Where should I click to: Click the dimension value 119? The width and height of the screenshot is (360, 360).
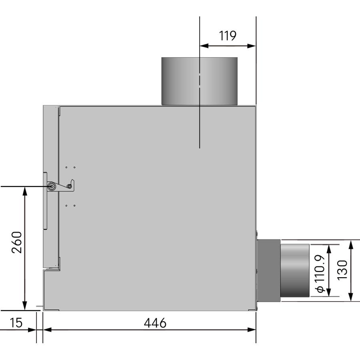click(228, 36)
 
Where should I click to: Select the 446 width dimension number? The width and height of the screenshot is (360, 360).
click(155, 323)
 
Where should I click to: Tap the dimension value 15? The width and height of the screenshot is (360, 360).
click(16, 323)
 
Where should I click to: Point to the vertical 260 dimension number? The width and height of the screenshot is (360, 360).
click(17, 242)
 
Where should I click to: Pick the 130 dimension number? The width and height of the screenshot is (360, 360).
click(342, 270)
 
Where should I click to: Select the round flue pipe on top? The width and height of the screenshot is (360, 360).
click(199, 81)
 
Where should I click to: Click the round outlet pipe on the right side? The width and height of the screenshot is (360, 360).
click(295, 270)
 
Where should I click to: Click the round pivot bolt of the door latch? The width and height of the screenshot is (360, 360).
click(51, 186)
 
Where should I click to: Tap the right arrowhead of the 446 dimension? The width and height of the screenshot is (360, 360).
click(252, 330)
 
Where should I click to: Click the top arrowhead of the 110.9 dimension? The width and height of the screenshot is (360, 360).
click(329, 248)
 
